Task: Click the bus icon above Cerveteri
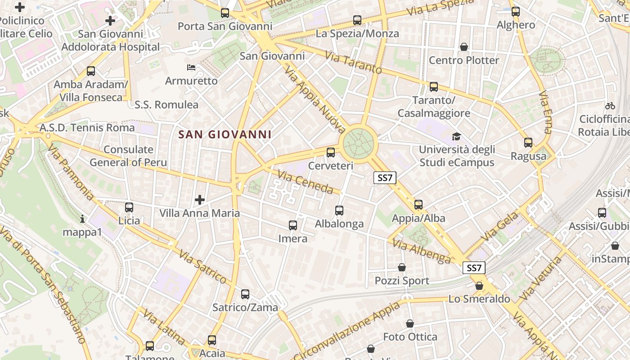pos(331,152)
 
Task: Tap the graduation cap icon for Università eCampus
pos(457,136)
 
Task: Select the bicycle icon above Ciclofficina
pos(610,106)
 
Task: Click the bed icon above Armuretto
pos(191,68)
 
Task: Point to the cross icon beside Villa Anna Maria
pos(200,199)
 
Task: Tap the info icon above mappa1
pos(82,219)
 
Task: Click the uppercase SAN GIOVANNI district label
pos(225,135)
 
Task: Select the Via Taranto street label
pos(353,63)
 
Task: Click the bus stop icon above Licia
pos(129,207)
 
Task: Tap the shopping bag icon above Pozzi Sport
pos(402,267)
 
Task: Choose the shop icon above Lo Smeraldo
pos(479,286)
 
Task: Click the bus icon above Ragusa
pos(528,143)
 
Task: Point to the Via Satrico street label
pos(202,268)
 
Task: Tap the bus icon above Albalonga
pos(339,210)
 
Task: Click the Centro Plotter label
pos(464,60)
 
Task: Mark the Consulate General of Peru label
pos(128,156)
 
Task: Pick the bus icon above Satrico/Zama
pos(245,294)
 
